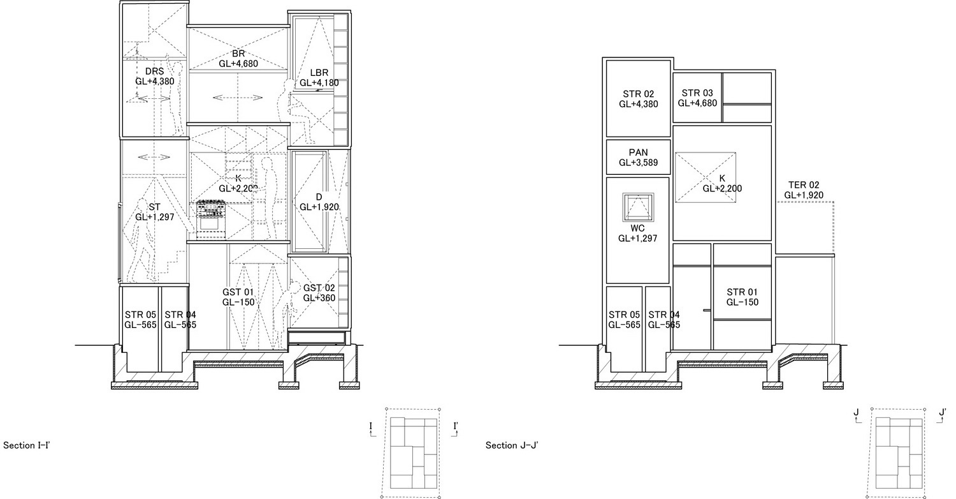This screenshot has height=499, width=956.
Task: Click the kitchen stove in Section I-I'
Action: pos(211,220)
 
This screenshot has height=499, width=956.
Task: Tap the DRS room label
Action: pos(154,71)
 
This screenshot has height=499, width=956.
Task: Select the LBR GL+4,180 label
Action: pos(319,78)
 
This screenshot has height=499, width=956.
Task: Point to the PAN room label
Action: pos(638,153)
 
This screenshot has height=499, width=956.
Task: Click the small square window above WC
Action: pos(638,207)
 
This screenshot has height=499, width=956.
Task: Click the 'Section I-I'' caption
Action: pos(27,445)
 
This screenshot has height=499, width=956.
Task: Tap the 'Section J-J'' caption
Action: pos(512,445)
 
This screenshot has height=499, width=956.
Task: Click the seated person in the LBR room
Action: pos(294,111)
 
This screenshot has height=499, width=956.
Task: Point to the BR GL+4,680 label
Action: pos(238,59)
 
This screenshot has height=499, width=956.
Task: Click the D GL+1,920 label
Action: pos(319,202)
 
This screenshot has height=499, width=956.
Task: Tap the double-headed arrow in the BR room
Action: pos(238,98)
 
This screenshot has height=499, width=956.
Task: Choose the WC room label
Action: pos(637,228)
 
